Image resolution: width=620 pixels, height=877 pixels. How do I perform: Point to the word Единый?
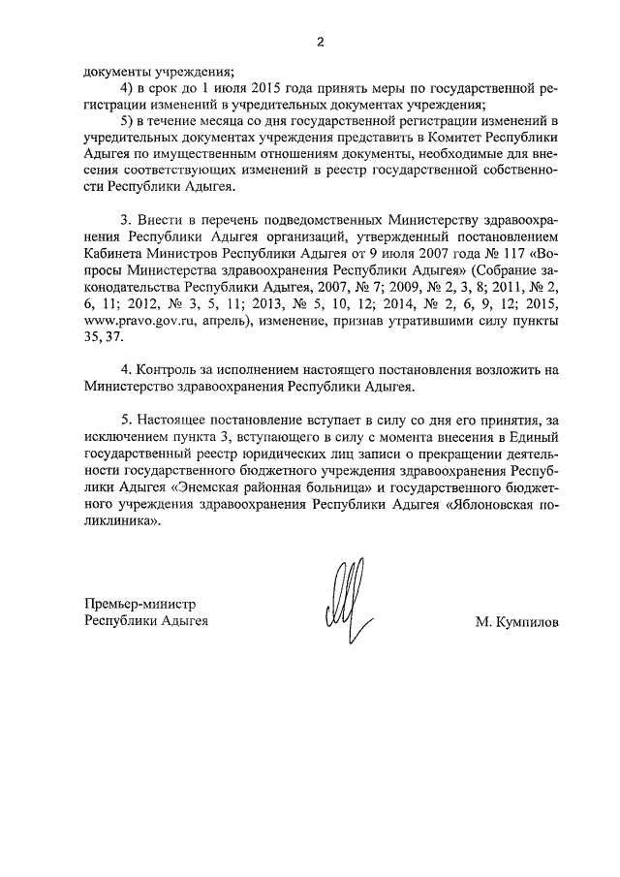[534, 436]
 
